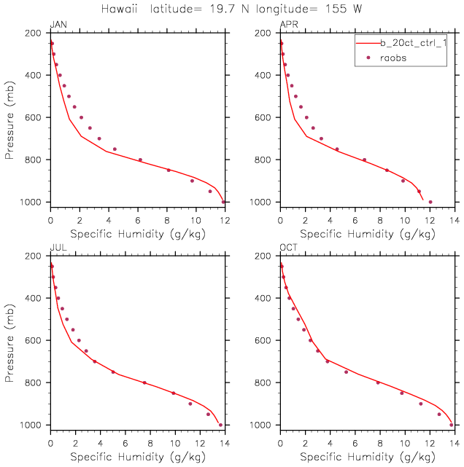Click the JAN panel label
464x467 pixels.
point(58,25)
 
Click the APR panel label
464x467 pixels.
point(289,25)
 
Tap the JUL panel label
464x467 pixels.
point(58,248)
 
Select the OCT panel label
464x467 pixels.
point(289,248)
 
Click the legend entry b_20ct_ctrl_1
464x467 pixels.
point(414,43)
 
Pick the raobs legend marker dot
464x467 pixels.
point(368,58)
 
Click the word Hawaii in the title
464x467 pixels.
point(119,9)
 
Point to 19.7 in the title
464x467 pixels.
point(223,9)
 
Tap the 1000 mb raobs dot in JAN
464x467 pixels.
point(223,202)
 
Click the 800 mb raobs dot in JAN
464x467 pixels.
point(140,160)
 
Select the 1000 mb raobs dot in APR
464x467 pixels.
point(430,202)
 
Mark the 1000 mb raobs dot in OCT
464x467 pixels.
point(451,425)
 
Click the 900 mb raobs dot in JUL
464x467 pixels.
point(190,404)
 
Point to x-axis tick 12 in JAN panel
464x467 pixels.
point(225,221)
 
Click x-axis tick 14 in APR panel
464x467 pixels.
point(455,221)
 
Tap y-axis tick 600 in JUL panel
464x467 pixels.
point(33,340)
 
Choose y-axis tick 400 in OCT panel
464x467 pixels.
point(263,298)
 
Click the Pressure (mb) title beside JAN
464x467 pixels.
point(9,120)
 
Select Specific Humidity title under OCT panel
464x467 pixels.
point(368,457)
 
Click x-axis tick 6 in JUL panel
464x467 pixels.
point(125,444)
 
